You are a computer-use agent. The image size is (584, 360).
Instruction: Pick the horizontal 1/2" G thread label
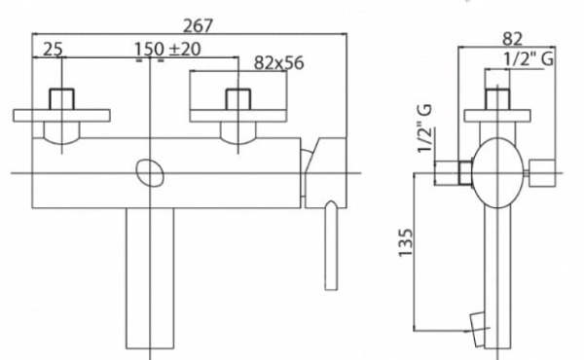pos(529,61)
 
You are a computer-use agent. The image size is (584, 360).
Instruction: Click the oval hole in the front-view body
pos(151,173)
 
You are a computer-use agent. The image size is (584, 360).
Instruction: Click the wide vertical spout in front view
pos(151,277)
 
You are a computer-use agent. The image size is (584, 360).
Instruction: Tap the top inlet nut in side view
pos(499,98)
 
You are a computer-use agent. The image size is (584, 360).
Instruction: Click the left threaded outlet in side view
pos(451,173)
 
